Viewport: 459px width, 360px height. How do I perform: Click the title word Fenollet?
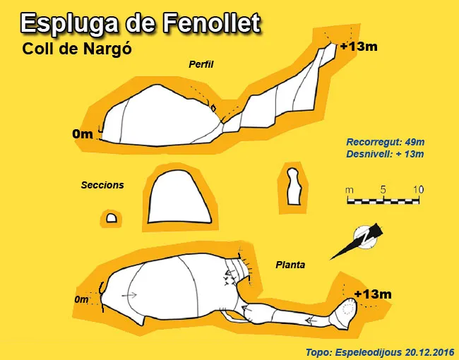(210, 23)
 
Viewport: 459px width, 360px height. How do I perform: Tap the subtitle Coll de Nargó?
(77, 49)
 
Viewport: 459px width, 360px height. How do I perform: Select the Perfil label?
(201, 64)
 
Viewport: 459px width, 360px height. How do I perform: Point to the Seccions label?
(102, 185)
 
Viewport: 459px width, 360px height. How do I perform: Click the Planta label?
(290, 265)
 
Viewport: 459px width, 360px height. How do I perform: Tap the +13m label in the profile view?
(359, 47)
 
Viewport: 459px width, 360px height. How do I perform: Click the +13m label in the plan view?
(373, 294)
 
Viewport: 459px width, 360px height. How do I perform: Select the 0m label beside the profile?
(83, 134)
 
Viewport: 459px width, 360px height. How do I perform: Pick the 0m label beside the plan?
(81, 299)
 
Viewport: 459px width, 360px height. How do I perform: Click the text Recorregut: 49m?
(386, 143)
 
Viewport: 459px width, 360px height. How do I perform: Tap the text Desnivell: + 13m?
(385, 154)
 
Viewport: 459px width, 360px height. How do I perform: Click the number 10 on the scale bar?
(419, 190)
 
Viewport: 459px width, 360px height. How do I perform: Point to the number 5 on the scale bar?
(383, 190)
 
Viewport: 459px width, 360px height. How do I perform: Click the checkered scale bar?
(383, 201)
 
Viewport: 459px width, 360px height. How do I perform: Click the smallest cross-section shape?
(112, 218)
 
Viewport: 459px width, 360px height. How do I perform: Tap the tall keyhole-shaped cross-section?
(293, 186)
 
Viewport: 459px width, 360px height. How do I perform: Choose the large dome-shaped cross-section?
(179, 197)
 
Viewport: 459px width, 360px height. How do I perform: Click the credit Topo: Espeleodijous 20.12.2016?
(380, 352)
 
